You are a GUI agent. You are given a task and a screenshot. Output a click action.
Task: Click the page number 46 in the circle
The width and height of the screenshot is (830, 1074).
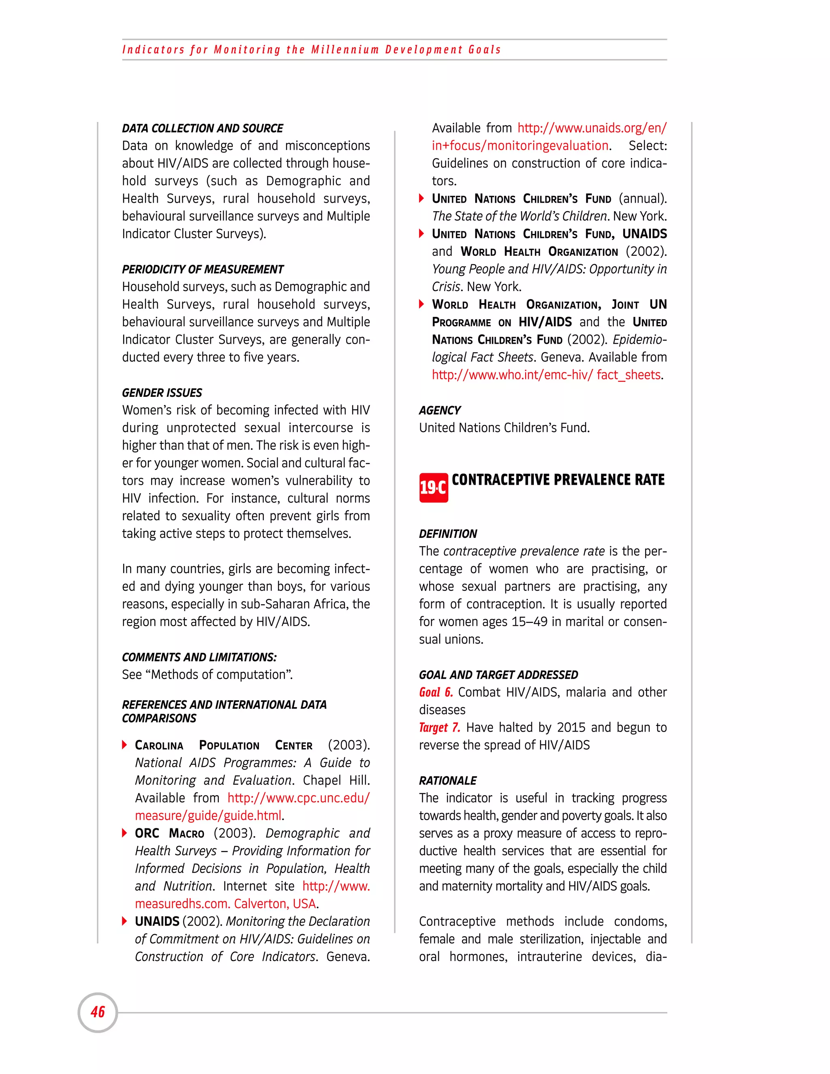coord(98,1012)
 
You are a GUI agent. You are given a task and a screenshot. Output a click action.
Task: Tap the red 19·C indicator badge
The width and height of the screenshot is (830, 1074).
coord(433,487)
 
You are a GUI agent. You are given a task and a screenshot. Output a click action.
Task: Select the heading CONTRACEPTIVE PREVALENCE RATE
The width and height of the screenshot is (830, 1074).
coord(558,480)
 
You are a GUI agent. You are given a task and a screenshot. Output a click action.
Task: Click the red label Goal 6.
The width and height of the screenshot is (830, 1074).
coord(436,692)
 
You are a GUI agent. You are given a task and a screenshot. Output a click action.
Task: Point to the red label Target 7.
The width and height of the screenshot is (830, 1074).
coord(439,727)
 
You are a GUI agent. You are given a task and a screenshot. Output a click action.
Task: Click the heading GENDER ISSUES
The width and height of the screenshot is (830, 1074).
coord(162,393)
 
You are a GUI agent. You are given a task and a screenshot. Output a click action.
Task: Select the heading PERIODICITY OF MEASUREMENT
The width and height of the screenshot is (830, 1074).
coord(203,270)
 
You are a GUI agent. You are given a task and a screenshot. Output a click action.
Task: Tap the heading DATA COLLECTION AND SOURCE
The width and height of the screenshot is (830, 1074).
coord(202,128)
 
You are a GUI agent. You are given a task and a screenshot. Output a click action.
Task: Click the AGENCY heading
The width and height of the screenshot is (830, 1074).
coord(440,411)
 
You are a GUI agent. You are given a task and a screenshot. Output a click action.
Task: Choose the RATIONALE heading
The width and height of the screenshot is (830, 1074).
coord(447,781)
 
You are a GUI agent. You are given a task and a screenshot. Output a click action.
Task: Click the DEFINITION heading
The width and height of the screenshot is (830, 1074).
coord(448,534)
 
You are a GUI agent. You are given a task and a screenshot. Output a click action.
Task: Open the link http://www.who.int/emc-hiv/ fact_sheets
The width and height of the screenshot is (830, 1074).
coord(546,375)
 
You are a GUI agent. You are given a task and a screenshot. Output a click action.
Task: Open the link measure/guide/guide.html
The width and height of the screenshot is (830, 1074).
coord(208,816)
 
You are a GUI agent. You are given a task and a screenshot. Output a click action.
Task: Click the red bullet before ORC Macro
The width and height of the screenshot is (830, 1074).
coord(124,833)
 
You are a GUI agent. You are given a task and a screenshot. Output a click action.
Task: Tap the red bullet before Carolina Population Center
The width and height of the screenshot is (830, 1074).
coord(124,745)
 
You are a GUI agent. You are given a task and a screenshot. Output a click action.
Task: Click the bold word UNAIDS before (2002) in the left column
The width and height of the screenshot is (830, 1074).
coord(157,922)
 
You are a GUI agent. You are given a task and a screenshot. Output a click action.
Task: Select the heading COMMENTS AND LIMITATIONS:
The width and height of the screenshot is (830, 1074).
coord(199,657)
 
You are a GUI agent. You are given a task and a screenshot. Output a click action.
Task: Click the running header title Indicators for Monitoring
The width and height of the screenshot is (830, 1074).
coord(311,50)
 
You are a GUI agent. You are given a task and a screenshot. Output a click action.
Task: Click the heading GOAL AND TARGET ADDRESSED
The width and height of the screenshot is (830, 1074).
coord(498,675)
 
